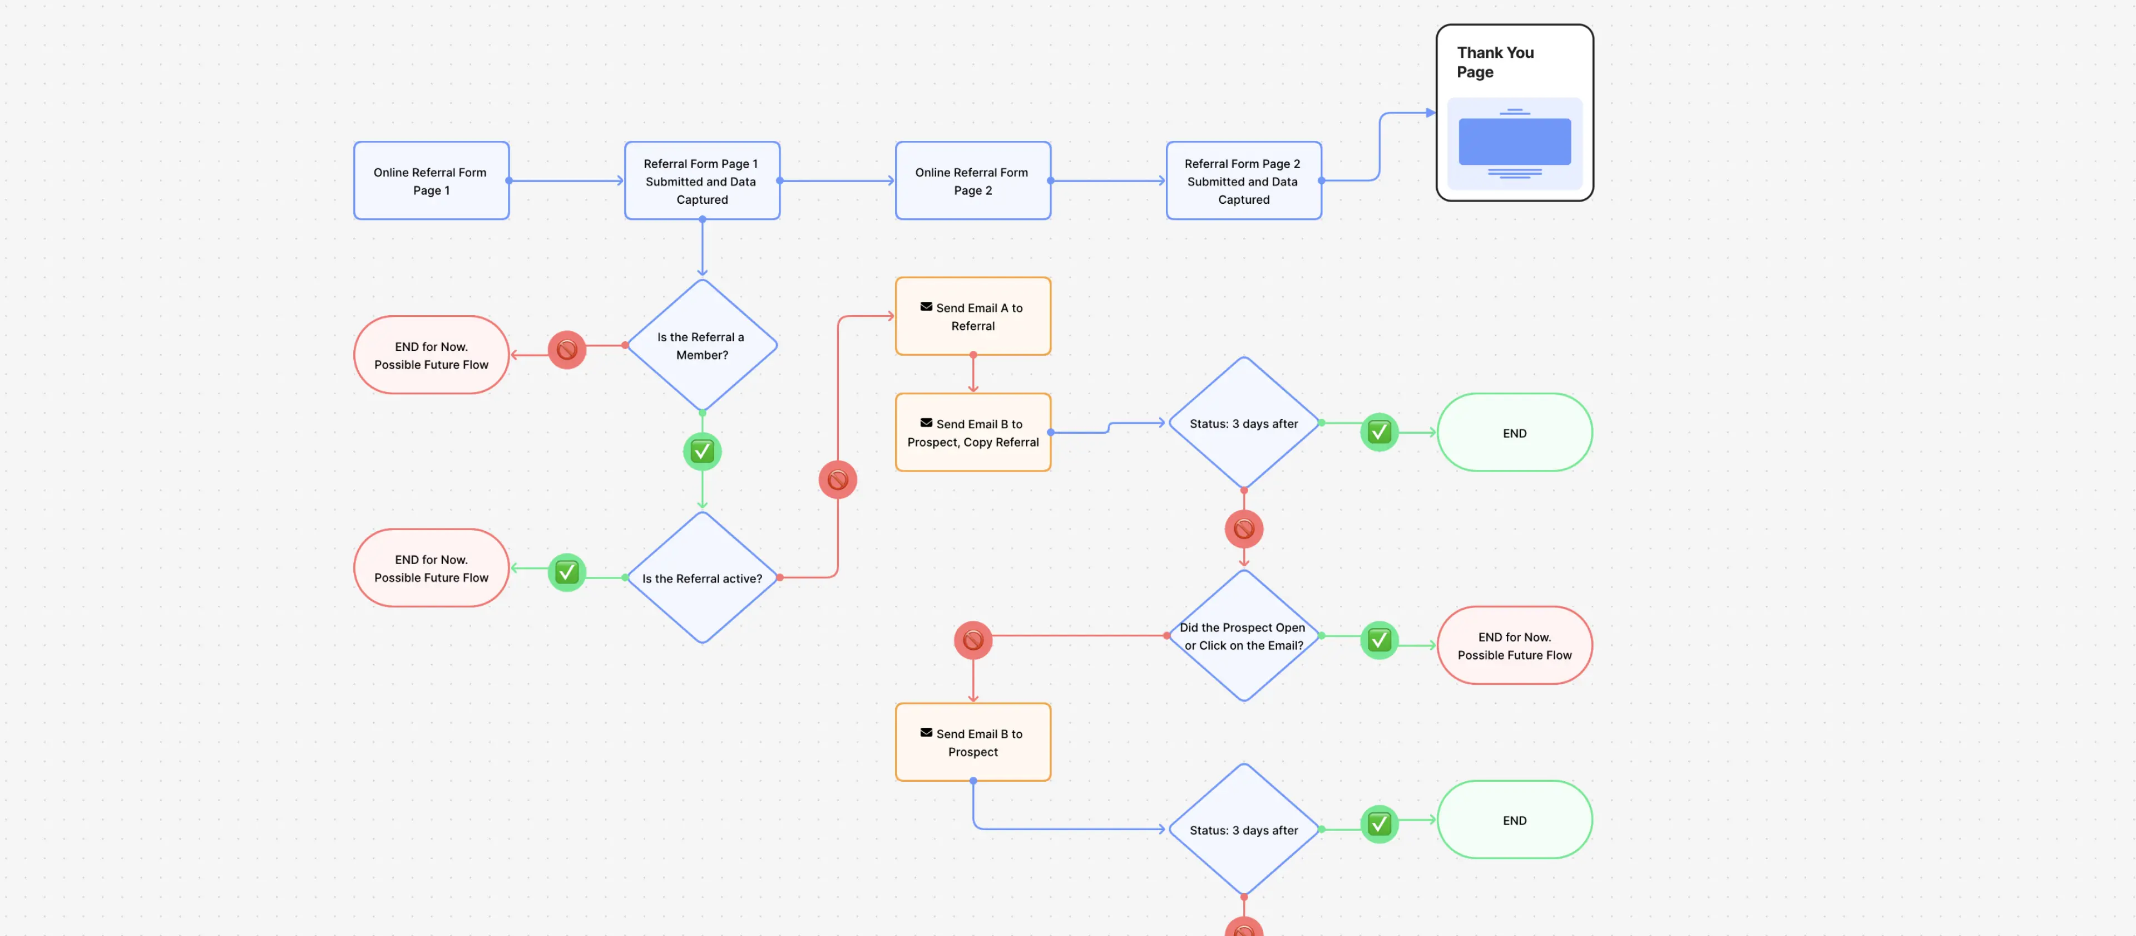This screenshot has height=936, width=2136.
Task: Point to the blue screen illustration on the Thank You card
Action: [x=1514, y=141]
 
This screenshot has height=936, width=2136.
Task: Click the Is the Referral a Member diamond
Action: [x=701, y=345]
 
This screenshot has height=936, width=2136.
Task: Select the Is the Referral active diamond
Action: [x=701, y=577]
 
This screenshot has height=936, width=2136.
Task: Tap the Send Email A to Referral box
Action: [x=973, y=316]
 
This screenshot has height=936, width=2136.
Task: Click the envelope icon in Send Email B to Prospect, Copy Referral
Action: [x=926, y=423]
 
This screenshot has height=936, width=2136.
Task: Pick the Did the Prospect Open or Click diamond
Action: [x=1243, y=636]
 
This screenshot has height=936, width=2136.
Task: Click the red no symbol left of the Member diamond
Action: [x=566, y=349]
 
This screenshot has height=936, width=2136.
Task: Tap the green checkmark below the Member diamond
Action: [x=701, y=452]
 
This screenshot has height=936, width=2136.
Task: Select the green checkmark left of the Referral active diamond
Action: [x=566, y=572]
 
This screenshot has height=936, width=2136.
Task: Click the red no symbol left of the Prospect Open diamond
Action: [x=973, y=640]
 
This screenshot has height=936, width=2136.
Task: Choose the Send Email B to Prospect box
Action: [x=973, y=742]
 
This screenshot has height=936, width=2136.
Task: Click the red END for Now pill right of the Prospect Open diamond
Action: [x=1514, y=645]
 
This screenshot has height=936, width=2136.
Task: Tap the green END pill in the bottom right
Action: [x=1514, y=820]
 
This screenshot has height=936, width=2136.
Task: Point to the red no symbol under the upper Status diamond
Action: [x=1243, y=528]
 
